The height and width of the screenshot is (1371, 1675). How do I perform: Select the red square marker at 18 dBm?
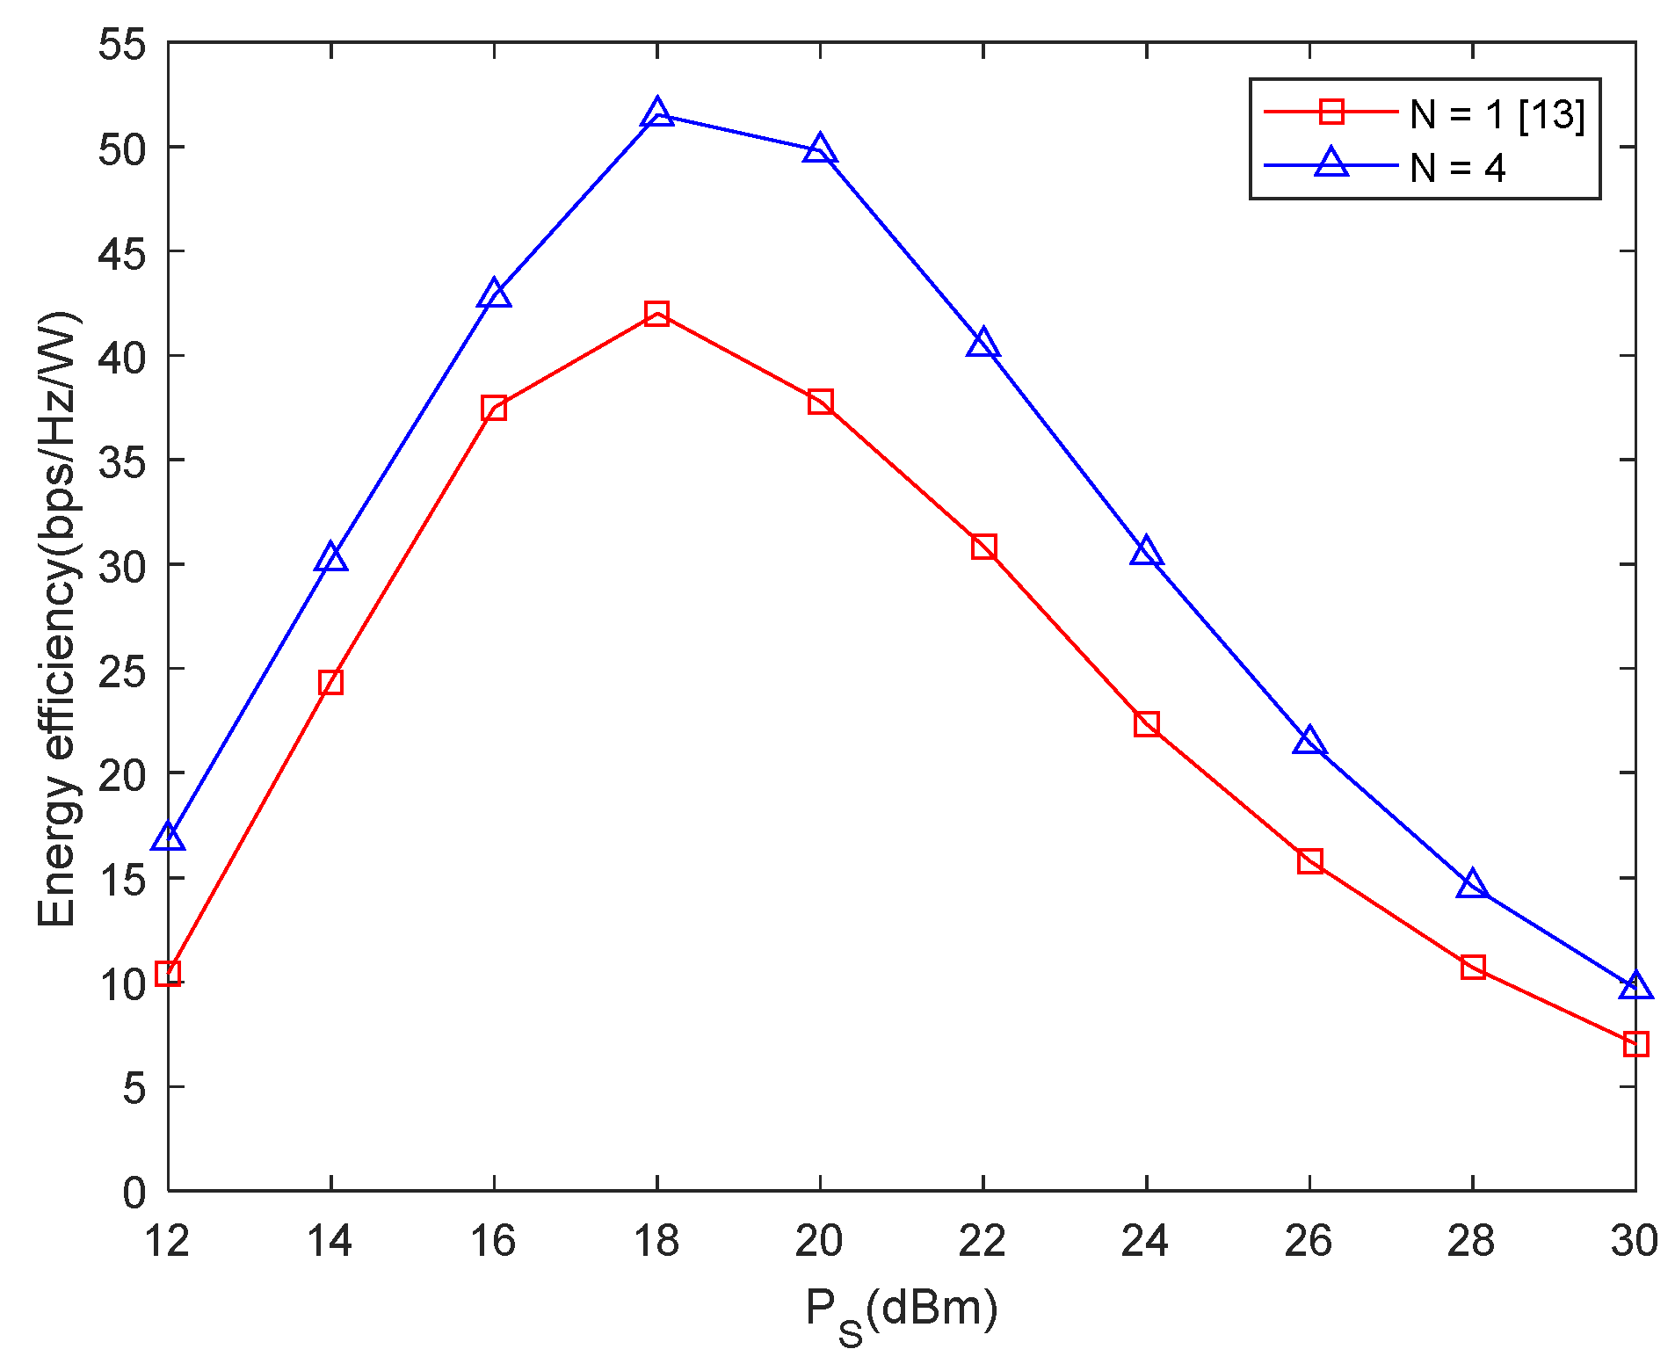click(656, 314)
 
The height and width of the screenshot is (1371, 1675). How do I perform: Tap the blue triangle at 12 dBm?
click(168, 838)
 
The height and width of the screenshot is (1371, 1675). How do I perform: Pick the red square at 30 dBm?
click(1635, 1044)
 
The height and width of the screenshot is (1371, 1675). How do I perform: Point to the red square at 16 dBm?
click(494, 408)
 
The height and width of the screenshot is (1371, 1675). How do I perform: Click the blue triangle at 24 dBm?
click(1146, 553)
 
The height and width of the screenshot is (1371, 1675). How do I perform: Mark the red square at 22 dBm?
click(983, 547)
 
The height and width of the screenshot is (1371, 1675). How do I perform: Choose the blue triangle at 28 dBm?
click(1473, 885)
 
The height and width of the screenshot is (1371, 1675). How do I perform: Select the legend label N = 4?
click(1458, 167)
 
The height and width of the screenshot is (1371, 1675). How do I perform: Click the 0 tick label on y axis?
click(134, 1193)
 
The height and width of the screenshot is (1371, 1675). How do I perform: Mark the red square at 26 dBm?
click(1309, 860)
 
